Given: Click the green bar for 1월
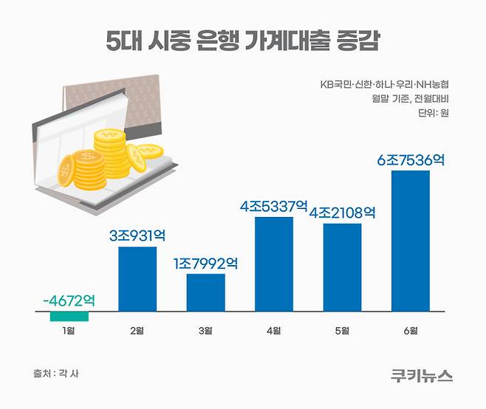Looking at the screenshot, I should coord(69,317).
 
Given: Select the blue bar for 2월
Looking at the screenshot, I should coord(137,279).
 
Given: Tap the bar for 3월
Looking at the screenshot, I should coord(205,292).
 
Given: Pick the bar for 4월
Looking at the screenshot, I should coord(273,264).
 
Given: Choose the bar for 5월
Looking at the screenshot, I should coord(342,267).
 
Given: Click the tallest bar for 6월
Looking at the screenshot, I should coord(410,241).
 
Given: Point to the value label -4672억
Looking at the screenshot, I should coord(69,301).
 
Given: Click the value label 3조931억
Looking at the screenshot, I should coord(137,236).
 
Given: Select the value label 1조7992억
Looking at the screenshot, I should coord(205,263).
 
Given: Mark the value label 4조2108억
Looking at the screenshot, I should coord(342,213).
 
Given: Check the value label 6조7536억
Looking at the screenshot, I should coord(410,159).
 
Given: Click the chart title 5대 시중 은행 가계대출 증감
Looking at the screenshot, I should coord(242,41).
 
